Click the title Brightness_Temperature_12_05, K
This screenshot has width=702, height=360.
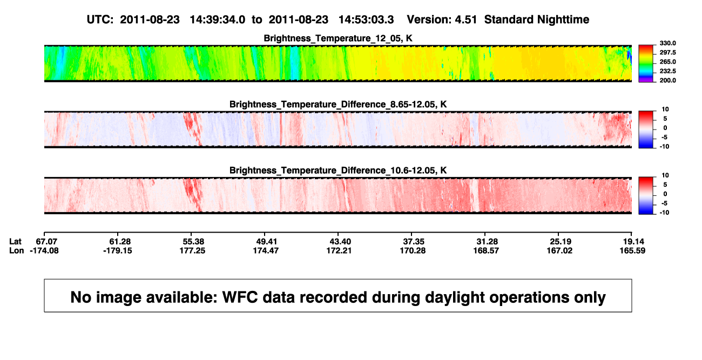pyautogui.click(x=338, y=38)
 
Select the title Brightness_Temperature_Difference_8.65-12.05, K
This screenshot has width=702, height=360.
pyautogui.click(x=338, y=104)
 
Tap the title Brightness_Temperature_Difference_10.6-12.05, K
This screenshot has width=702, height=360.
pyautogui.click(x=338, y=171)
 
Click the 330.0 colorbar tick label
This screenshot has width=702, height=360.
pyautogui.click(x=667, y=43)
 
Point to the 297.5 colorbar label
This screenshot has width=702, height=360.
pyautogui.click(x=667, y=52)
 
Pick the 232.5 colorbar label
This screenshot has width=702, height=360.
pyautogui.click(x=667, y=71)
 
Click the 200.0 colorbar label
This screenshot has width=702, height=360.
pyautogui.click(x=667, y=80)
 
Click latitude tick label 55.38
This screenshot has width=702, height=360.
pyautogui.click(x=193, y=242)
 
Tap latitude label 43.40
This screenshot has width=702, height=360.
pyautogui.click(x=340, y=242)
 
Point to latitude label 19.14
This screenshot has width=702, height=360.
pyautogui.click(x=633, y=242)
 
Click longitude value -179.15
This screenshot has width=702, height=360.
pyautogui.click(x=118, y=250)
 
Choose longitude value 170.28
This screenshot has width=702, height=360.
pyautogui.click(x=413, y=250)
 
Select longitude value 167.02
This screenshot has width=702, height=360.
pyautogui.click(x=559, y=250)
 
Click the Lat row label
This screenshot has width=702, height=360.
pyautogui.click(x=15, y=242)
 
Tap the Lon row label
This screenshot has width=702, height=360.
pyautogui.click(x=16, y=250)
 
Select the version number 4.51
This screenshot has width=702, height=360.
pyautogui.click(x=465, y=20)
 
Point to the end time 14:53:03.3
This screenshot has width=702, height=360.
pyautogui.click(x=366, y=20)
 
